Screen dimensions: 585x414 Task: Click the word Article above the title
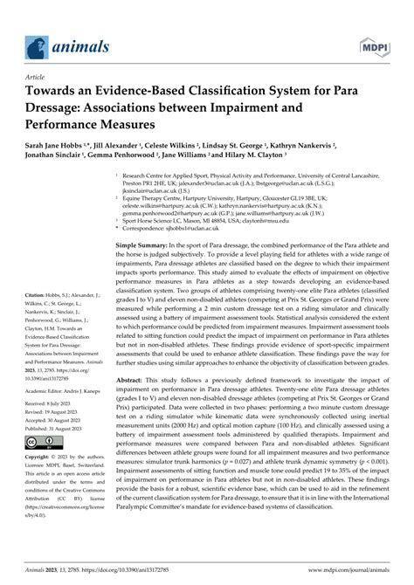click(36, 76)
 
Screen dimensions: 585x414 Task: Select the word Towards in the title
click(54, 90)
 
